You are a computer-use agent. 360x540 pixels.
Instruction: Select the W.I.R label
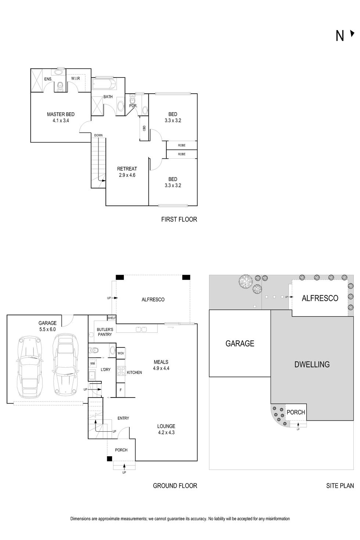[x=75, y=79]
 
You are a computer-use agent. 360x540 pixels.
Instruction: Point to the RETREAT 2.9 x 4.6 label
[x=127, y=172]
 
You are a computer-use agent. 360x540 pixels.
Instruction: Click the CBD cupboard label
[x=144, y=128]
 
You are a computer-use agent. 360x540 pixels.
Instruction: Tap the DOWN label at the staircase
[x=98, y=135]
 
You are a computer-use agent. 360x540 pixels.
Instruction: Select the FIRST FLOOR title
[x=179, y=219]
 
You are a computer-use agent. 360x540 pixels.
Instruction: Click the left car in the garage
[x=28, y=368]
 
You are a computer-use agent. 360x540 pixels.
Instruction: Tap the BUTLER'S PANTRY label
[x=105, y=332]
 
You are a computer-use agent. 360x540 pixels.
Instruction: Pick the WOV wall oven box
[x=120, y=353]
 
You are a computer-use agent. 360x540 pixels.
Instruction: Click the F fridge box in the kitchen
[x=120, y=390]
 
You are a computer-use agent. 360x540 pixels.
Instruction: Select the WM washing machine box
[x=93, y=363]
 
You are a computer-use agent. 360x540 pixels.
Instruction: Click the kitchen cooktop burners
[x=121, y=371]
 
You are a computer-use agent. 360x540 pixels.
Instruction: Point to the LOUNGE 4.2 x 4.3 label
[x=166, y=429]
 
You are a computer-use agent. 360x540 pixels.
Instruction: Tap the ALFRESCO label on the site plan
[x=320, y=298]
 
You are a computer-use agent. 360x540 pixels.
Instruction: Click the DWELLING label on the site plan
[x=312, y=364]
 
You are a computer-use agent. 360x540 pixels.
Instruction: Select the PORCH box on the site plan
[x=296, y=412]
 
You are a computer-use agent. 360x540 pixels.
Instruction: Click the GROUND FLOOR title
[x=175, y=486]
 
